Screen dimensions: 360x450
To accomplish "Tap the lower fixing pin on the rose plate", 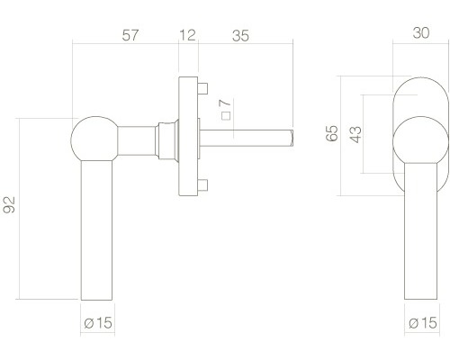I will click(x=204, y=186).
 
